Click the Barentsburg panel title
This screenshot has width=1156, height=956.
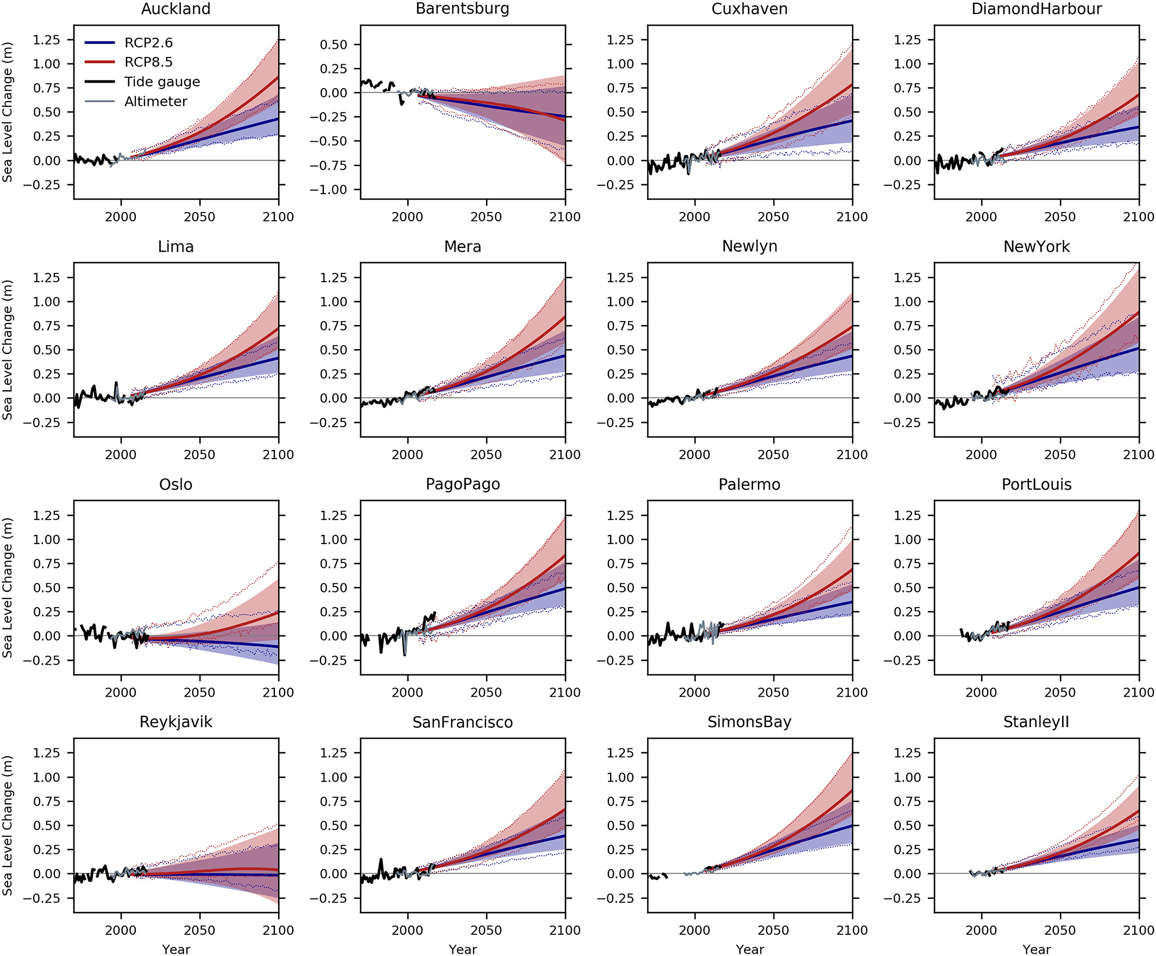pyautogui.click(x=462, y=9)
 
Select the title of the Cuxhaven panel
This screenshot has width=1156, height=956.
pyautogui.click(x=749, y=9)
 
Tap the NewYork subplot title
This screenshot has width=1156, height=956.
pyautogui.click(x=1036, y=247)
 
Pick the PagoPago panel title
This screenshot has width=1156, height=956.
pyautogui.click(x=462, y=484)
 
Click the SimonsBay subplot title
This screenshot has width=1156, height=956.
pyautogui.click(x=749, y=722)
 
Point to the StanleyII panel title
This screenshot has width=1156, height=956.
pyautogui.click(x=1036, y=722)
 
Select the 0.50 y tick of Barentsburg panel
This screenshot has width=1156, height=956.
pyautogui.click(x=334, y=45)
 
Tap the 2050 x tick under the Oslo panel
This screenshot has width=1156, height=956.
pyautogui.click(x=199, y=692)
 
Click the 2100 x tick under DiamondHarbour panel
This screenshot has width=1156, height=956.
pyautogui.click(x=1139, y=217)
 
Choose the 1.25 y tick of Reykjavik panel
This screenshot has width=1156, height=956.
pyautogui.click(x=46, y=753)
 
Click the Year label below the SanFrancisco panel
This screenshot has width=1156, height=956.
pyautogui.click(x=462, y=949)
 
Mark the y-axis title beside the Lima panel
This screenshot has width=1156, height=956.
pyautogui.click(x=7, y=350)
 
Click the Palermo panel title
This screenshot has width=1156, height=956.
pyautogui.click(x=749, y=485)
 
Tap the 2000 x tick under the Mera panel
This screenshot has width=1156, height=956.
pyautogui.click(x=407, y=455)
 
